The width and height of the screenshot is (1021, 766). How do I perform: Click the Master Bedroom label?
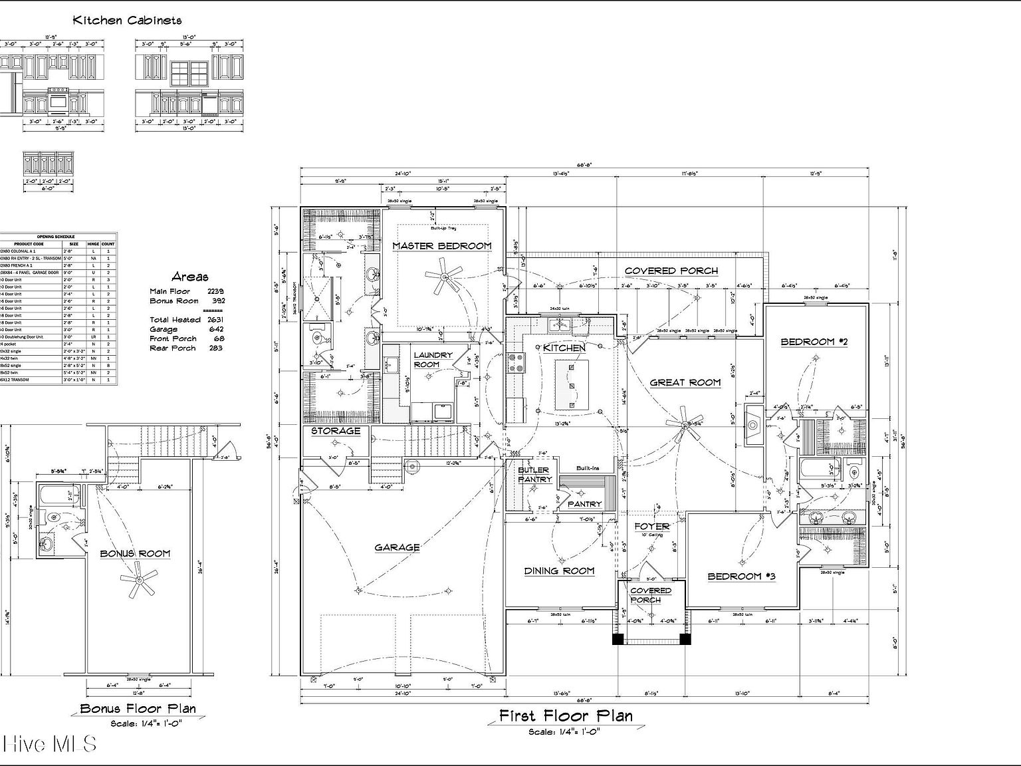click(x=441, y=246)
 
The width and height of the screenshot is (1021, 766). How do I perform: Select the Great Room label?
click(x=685, y=382)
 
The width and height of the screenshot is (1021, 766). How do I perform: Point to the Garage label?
click(x=397, y=547)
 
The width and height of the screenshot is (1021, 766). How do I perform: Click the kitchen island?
click(x=572, y=384)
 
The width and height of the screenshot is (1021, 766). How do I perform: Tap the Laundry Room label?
click(x=432, y=360)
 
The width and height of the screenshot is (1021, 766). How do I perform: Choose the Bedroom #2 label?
click(x=815, y=342)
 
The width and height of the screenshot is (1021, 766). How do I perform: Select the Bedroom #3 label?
click(x=742, y=576)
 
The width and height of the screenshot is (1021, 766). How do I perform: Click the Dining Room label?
click(x=559, y=571)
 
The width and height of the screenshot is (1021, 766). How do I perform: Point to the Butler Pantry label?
click(x=534, y=475)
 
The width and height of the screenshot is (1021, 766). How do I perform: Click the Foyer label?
click(x=651, y=526)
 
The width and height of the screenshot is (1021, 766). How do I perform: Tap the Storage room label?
click(x=336, y=431)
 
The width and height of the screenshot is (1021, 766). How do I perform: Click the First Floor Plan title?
click(x=566, y=715)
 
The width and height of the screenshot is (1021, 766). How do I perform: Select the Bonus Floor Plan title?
click(x=138, y=709)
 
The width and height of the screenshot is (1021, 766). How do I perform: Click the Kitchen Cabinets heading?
click(x=127, y=21)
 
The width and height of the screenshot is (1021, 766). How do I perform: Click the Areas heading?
click(x=189, y=277)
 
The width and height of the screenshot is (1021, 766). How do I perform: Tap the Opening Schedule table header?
click(x=56, y=237)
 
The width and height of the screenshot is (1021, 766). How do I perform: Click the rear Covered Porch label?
click(x=671, y=271)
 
